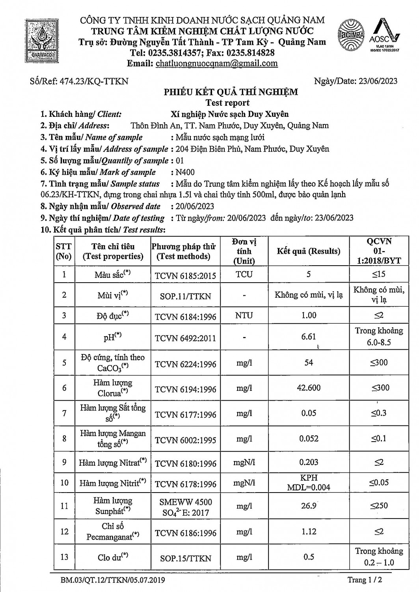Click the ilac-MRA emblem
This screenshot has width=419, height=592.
click(351, 35)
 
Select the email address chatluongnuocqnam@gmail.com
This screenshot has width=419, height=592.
click(217, 64)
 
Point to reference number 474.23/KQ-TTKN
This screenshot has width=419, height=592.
click(79, 81)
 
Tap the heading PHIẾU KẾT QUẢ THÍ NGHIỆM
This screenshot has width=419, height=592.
click(231, 92)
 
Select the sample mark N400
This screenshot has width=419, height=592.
click(185, 172)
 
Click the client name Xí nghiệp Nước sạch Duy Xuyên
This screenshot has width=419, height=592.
click(229, 114)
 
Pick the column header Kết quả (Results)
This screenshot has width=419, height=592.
click(308, 251)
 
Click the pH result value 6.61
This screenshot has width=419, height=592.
click(308, 336)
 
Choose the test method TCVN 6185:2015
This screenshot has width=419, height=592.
click(185, 275)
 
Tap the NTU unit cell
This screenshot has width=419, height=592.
click(244, 315)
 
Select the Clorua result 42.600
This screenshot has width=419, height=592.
click(308, 388)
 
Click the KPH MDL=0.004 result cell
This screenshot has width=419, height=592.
click(308, 482)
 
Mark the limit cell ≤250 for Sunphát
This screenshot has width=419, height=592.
click(379, 506)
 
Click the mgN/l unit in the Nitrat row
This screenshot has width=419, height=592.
click(244, 462)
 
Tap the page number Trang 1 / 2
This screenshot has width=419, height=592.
click(365, 580)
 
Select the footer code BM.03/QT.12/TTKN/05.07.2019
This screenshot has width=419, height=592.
click(113, 580)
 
